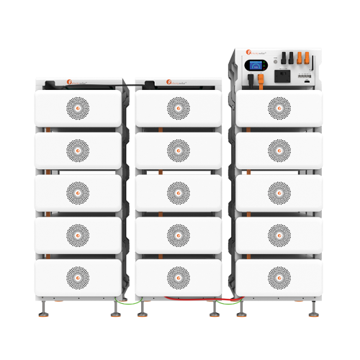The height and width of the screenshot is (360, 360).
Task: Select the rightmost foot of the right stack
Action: (315, 312)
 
